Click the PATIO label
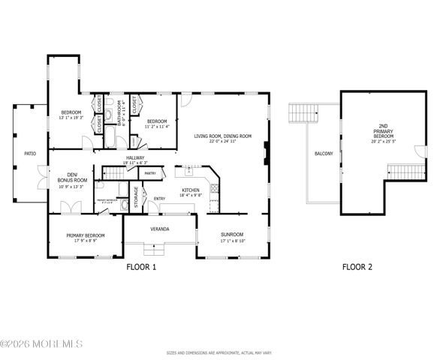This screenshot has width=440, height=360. click(x=30, y=153)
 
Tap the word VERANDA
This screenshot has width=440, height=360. click(x=159, y=228)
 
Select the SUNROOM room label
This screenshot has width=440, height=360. click(x=231, y=234)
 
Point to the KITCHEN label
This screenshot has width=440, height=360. click(x=191, y=190)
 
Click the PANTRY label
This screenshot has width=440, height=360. click(x=149, y=173)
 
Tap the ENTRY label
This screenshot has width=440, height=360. click(x=159, y=199)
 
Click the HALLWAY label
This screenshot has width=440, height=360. click(x=135, y=157)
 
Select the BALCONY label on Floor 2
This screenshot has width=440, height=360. click(x=324, y=153)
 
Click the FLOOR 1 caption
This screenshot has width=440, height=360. click(x=140, y=266)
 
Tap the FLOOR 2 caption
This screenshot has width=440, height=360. click(x=357, y=266)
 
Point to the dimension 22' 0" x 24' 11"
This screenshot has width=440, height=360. click(x=222, y=140)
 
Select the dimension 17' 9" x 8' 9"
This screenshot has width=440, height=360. click(x=85, y=240)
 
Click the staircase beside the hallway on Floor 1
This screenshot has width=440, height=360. click(x=113, y=174)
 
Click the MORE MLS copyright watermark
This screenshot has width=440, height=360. click(x=41, y=344)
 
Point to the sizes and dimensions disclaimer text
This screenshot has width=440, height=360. click(x=219, y=352)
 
